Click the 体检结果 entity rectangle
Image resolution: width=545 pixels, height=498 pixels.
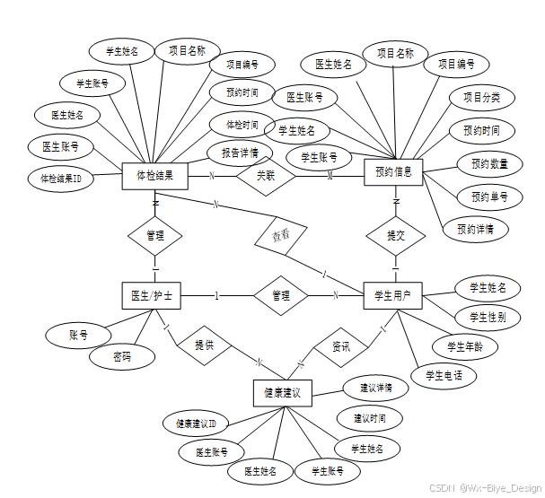(x=154, y=175)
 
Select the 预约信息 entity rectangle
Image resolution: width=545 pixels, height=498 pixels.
(x=392, y=171)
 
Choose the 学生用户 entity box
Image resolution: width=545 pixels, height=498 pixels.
(x=392, y=295)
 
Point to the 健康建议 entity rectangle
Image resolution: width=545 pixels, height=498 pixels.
(x=282, y=393)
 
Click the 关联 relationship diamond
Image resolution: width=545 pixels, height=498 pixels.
(x=266, y=176)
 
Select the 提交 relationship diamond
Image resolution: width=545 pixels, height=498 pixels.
(x=395, y=235)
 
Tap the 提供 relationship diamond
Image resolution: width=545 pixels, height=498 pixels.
(x=204, y=345)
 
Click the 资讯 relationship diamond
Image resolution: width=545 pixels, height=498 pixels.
(x=341, y=345)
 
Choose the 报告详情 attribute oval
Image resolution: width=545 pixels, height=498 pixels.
(x=241, y=152)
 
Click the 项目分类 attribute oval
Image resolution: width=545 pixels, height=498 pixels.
(x=481, y=98)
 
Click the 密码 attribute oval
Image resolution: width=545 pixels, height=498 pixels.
(x=121, y=356)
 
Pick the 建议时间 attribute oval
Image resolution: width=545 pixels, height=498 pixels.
(x=369, y=418)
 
